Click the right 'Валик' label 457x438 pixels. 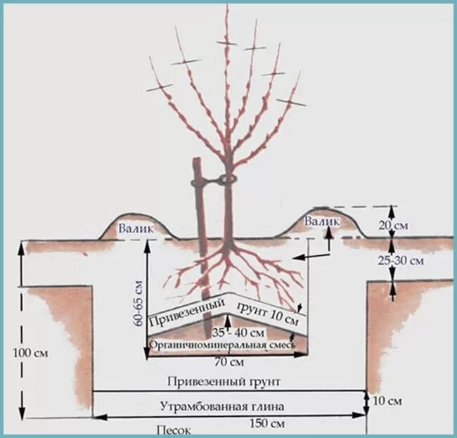(x=323, y=221)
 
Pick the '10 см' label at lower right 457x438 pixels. (x=388, y=401)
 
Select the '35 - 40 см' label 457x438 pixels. (x=238, y=332)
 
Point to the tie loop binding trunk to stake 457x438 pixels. (x=225, y=180)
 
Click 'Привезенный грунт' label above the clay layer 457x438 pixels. (x=224, y=382)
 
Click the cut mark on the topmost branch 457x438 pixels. (x=227, y=43)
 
